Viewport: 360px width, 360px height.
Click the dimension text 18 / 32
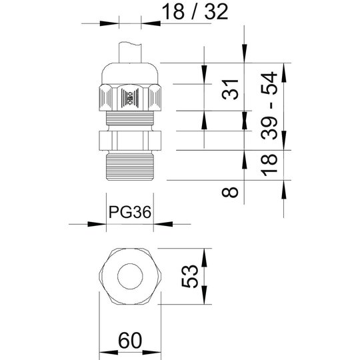point(195,11)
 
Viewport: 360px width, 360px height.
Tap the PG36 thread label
point(130,212)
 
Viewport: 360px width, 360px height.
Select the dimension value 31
point(230,89)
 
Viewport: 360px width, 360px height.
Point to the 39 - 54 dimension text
point(269,105)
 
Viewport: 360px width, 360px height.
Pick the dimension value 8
point(230,192)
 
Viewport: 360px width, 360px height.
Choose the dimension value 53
point(189,276)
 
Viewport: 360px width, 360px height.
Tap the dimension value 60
point(130,340)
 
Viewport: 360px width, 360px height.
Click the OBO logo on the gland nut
point(130,97)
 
